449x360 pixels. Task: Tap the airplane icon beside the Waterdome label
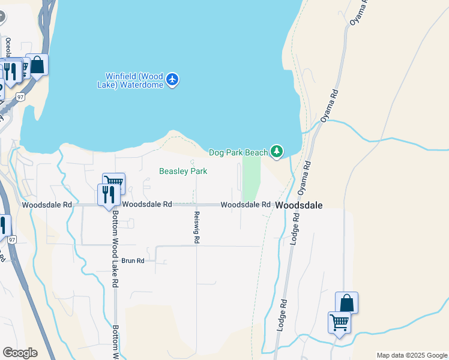[173, 79]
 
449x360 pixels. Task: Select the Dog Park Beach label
[238, 152]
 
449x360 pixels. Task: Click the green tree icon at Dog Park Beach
[277, 152]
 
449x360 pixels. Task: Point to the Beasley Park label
[183, 171]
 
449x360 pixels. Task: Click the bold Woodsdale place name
[299, 205]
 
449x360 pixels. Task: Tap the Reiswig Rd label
[197, 227]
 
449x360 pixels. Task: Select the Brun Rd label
[133, 261]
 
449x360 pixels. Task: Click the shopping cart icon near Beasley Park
[113, 182]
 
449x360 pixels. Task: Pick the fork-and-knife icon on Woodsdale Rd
[109, 194]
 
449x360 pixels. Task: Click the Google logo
[20, 353]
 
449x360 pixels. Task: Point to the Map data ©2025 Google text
[411, 355]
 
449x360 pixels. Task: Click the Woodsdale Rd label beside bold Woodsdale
[245, 205]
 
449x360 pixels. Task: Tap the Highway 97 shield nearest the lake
[20, 97]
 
